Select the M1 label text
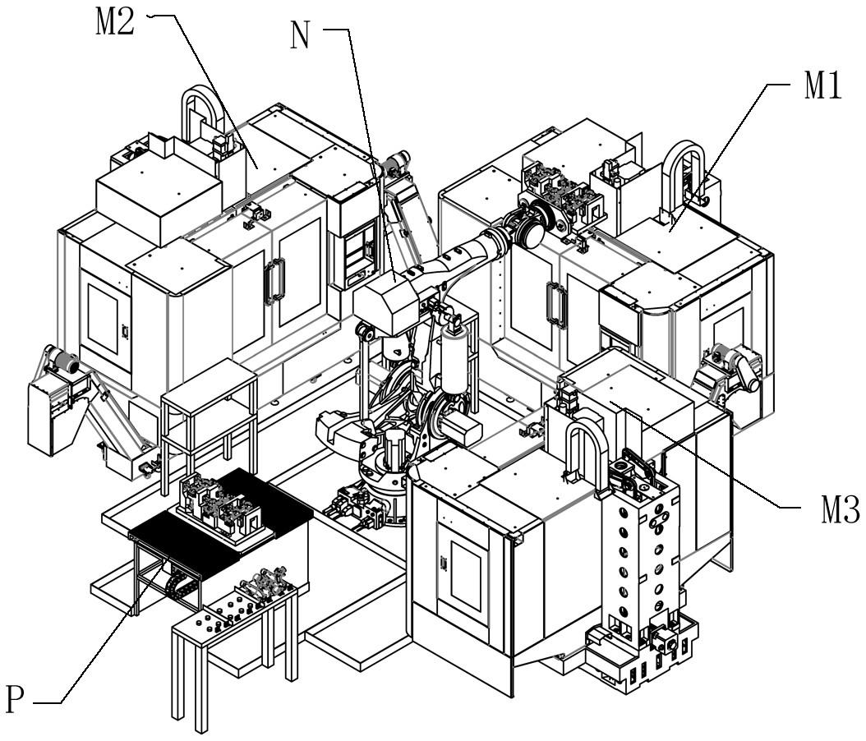[x=822, y=86]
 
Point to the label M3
[x=840, y=509]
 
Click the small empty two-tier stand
[x=209, y=420]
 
